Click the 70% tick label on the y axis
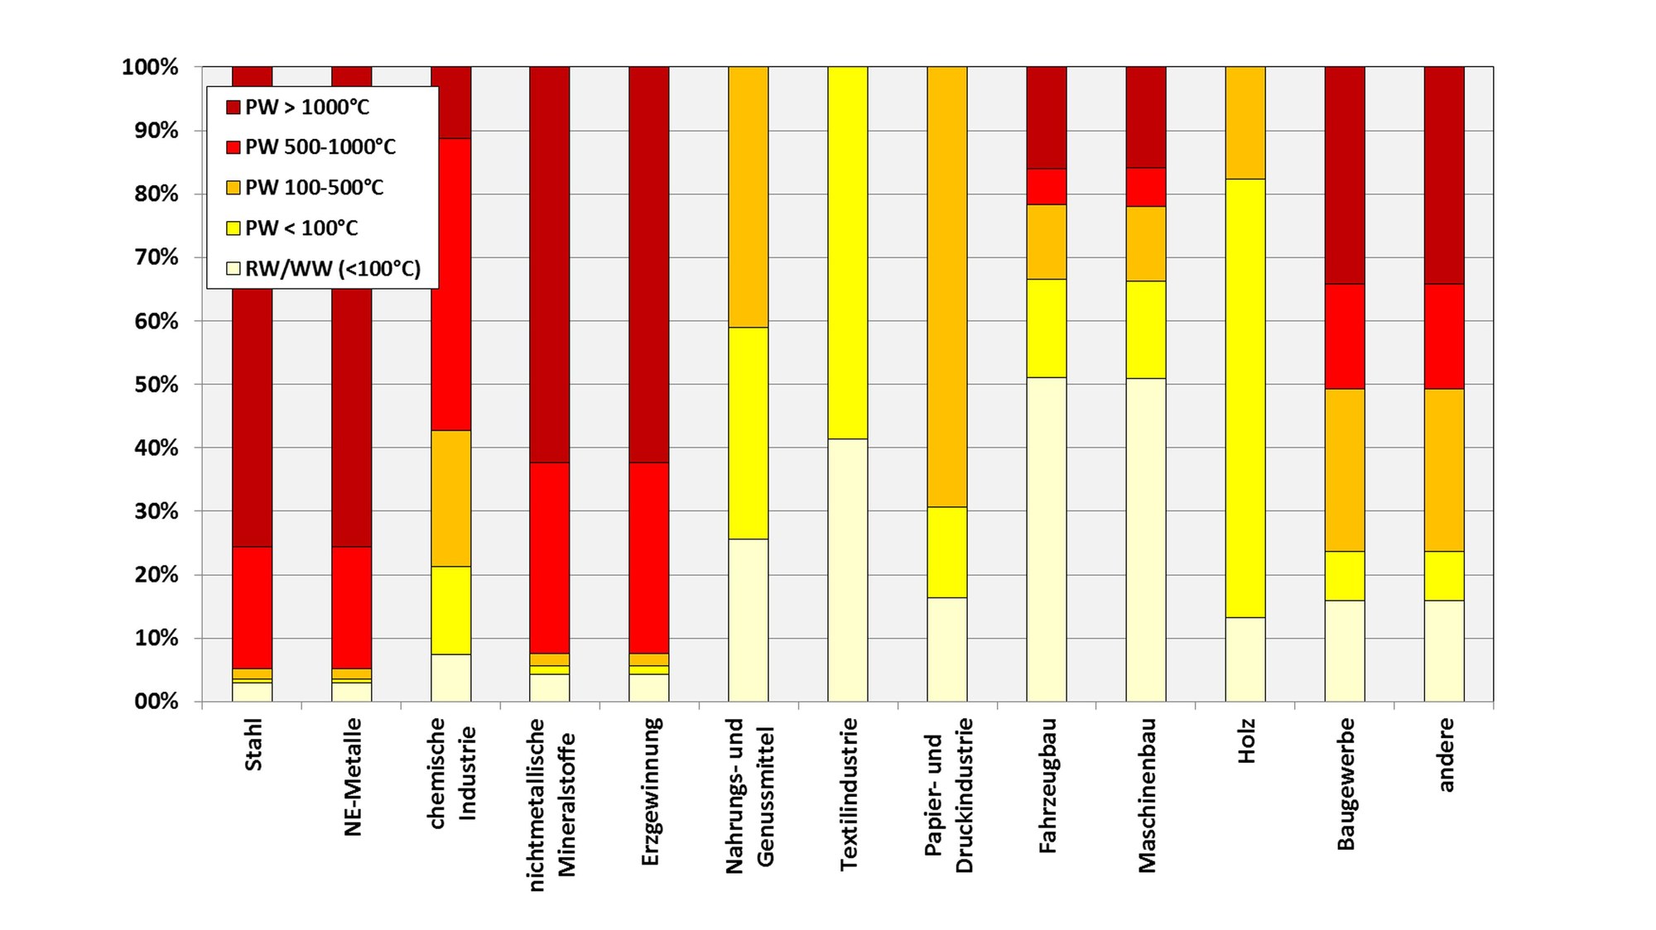click(151, 257)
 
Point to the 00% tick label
click(151, 702)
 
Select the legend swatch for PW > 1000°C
click(233, 108)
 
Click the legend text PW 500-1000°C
click(320, 147)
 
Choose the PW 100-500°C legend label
click(315, 188)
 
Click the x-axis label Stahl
click(253, 745)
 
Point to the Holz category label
click(1247, 741)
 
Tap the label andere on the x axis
click(1446, 755)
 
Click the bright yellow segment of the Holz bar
click(1245, 397)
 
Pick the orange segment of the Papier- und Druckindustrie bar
click(947, 286)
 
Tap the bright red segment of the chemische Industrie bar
click(450, 284)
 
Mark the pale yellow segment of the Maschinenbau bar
click(1146, 539)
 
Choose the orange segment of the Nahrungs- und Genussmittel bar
click(749, 196)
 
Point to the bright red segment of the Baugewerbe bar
click(1345, 336)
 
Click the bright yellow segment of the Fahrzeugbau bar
click(1047, 328)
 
